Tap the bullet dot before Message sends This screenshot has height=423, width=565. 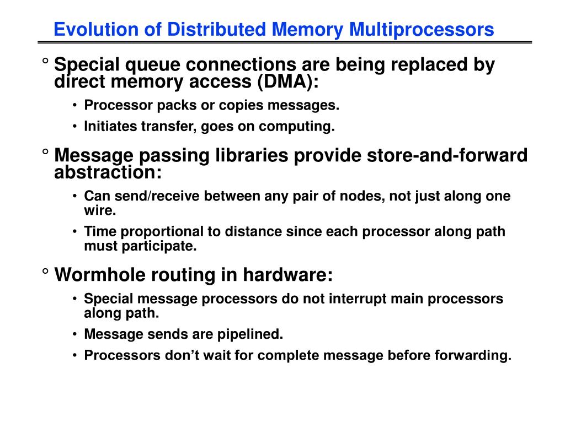click(x=74, y=334)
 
